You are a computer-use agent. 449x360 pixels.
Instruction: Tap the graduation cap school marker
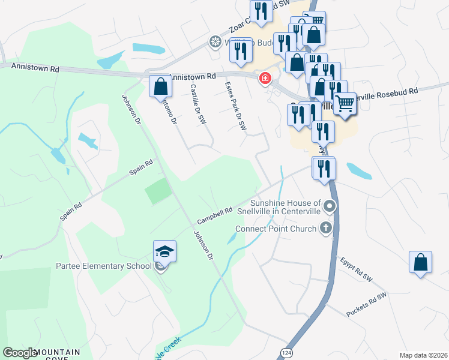(164, 253)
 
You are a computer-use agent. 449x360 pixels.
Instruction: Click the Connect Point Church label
(276, 229)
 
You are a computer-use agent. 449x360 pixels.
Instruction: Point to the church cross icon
(325, 227)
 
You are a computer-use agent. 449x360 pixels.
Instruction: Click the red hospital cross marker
(264, 79)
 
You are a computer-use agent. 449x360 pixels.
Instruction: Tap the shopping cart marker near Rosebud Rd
(344, 103)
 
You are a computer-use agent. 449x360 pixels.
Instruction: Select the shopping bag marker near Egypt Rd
(420, 263)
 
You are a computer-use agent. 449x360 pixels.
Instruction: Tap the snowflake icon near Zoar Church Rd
(214, 42)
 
